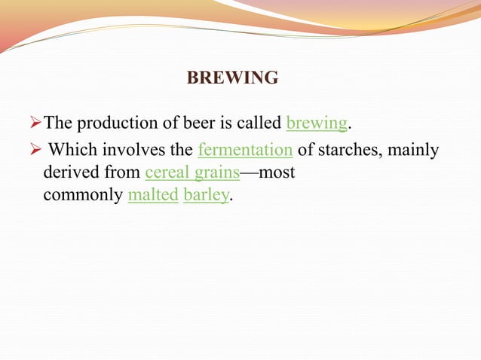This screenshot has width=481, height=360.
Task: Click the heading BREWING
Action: pyautogui.click(x=232, y=78)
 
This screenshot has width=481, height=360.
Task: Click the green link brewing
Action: pyautogui.click(x=317, y=123)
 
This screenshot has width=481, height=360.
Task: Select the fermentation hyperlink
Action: pyautogui.click(x=245, y=151)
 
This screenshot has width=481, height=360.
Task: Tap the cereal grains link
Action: pyautogui.click(x=192, y=173)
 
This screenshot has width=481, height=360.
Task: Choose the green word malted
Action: pyautogui.click(x=153, y=196)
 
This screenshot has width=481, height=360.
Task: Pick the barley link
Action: pyautogui.click(x=205, y=196)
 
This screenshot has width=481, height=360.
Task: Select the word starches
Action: pyautogui.click(x=344, y=151)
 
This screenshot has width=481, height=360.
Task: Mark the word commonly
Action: pyautogui.click(x=83, y=196)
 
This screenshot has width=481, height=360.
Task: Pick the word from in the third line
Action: pyautogui.click(x=122, y=173)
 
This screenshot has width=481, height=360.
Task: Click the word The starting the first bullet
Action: pyautogui.click(x=58, y=123)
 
